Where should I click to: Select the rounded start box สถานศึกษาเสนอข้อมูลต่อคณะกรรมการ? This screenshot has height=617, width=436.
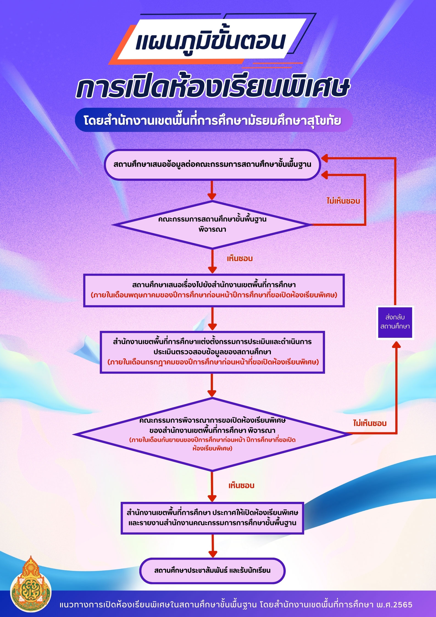pos(212,165)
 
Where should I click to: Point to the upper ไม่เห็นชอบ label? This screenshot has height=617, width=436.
pos(343,201)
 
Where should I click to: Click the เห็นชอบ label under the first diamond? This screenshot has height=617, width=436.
pos(240,259)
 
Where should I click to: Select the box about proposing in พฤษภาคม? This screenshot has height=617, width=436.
pos(214,290)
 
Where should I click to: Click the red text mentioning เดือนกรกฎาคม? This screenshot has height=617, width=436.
pos(213,362)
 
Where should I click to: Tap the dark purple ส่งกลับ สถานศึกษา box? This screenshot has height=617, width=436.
pos(395,322)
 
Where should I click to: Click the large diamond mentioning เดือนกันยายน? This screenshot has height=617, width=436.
pos(212,434)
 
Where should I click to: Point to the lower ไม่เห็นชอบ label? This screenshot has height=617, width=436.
pos(370,423)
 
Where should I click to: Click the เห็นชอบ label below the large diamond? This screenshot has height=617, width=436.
pos(241,486)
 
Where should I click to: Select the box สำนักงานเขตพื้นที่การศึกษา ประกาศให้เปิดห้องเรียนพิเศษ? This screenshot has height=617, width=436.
pos(212,518)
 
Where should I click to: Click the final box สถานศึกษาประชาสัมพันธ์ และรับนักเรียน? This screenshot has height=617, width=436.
pos(212,570)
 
